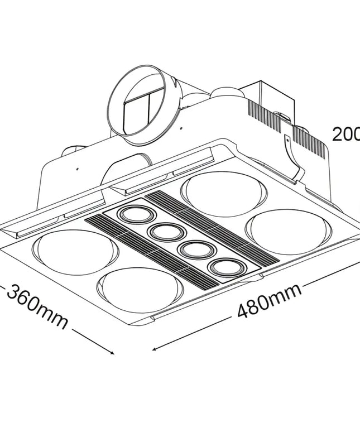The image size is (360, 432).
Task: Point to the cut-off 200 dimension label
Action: click(346, 135)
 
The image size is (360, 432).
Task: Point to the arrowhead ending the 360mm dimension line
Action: click(112, 352)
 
